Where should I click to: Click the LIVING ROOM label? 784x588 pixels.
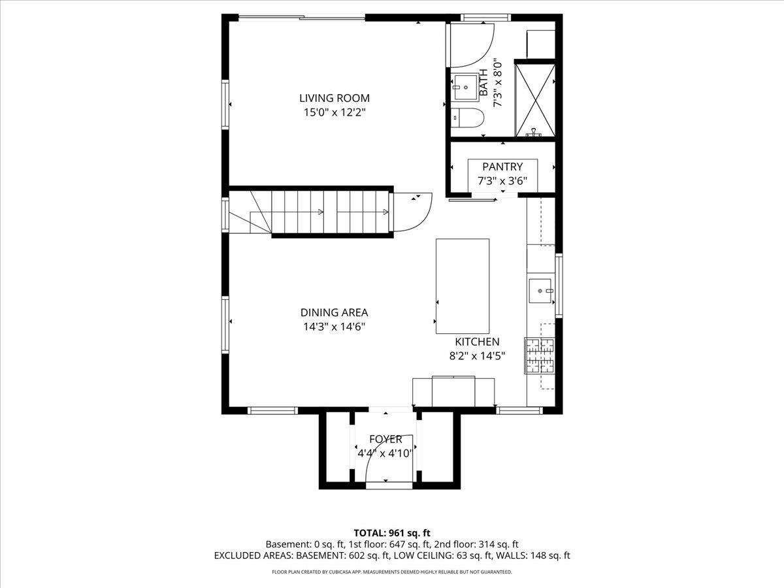(x=334, y=98)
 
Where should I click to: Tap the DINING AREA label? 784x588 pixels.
(x=334, y=312)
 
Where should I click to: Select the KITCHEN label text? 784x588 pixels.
(x=477, y=342)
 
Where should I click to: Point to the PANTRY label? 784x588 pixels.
(x=502, y=167)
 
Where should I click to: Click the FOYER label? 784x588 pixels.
(x=385, y=439)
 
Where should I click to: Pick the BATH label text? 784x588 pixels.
(x=484, y=82)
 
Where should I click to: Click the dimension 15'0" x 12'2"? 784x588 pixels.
(x=334, y=112)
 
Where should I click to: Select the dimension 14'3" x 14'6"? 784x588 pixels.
(x=334, y=327)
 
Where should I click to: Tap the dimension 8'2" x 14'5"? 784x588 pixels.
(x=477, y=356)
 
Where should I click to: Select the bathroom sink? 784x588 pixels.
(x=466, y=86)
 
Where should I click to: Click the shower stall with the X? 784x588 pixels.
(x=534, y=99)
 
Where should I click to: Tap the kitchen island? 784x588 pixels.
(x=463, y=286)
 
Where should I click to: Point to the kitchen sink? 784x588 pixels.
(x=541, y=287)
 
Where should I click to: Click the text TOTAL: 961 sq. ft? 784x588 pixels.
(x=392, y=532)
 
